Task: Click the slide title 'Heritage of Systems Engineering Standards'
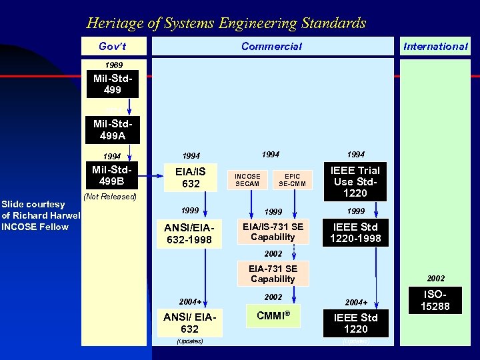226,23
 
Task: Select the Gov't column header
113,46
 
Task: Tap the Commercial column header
271,46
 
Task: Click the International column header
436,46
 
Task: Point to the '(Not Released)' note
110,197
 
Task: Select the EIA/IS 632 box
191,177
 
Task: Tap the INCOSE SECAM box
247,180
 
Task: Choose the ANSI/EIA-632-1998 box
188,233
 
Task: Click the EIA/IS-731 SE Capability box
273,231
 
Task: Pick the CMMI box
273,315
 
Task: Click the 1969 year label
113,65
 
